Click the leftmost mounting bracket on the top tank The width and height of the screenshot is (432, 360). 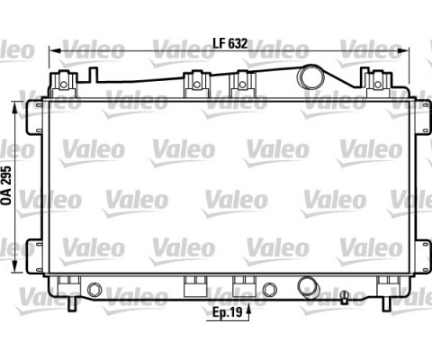(x=62, y=82)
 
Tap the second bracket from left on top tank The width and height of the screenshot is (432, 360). (x=194, y=83)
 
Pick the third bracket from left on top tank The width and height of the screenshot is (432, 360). (x=240, y=83)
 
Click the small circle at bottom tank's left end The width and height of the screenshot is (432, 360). (x=95, y=290)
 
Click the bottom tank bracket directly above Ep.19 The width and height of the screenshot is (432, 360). (x=240, y=287)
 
